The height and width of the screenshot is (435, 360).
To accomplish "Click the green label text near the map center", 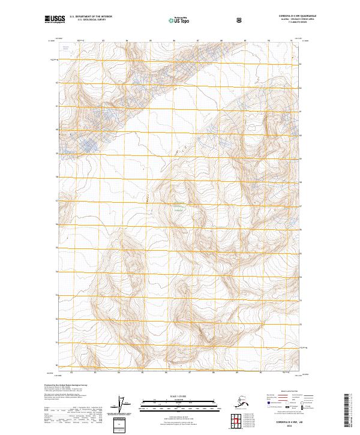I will tap(178, 208).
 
